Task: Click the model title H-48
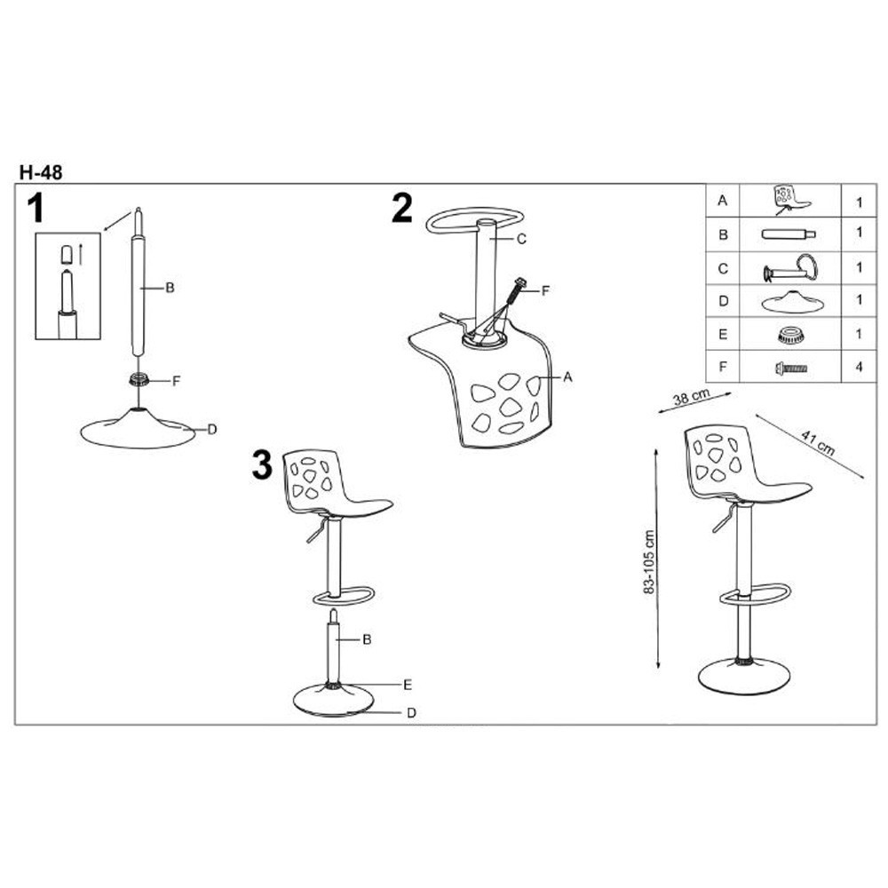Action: point(41,172)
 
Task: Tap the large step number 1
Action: point(36,208)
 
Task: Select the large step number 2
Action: point(402,208)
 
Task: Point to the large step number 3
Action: point(262,465)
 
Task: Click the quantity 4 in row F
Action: point(859,367)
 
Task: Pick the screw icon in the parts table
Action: point(791,369)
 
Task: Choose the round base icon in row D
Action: point(792,302)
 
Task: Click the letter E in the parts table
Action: point(723,334)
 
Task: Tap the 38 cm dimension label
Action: point(691,396)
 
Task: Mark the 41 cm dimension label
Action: point(818,443)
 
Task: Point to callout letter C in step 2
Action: point(521,239)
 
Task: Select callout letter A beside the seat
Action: point(568,377)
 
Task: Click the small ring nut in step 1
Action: point(139,379)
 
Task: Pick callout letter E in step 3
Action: point(408,685)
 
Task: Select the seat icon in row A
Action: point(789,200)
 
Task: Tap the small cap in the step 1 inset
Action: point(67,254)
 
